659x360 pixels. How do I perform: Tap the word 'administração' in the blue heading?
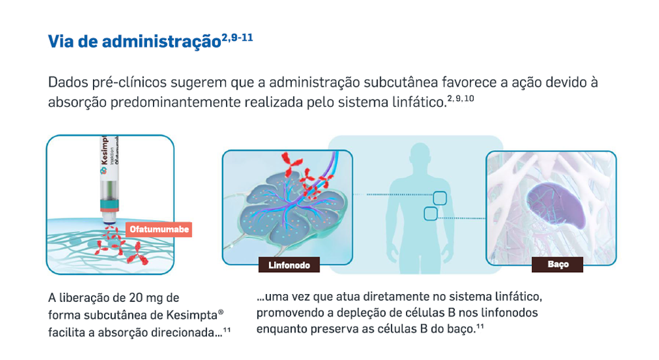[x=161, y=42]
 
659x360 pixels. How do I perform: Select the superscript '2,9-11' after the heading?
[x=237, y=38]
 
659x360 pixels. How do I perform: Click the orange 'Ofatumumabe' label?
[x=159, y=229]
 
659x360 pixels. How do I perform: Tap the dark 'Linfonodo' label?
[x=289, y=265]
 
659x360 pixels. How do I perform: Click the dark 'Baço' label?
[x=558, y=264]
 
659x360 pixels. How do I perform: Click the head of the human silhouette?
[x=419, y=156]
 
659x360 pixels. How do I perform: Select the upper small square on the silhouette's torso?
[x=440, y=198]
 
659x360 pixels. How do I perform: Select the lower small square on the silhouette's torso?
[x=430, y=214]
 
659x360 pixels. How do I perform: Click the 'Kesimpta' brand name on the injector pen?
[x=104, y=150]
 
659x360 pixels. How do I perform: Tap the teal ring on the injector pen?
[x=109, y=205]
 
